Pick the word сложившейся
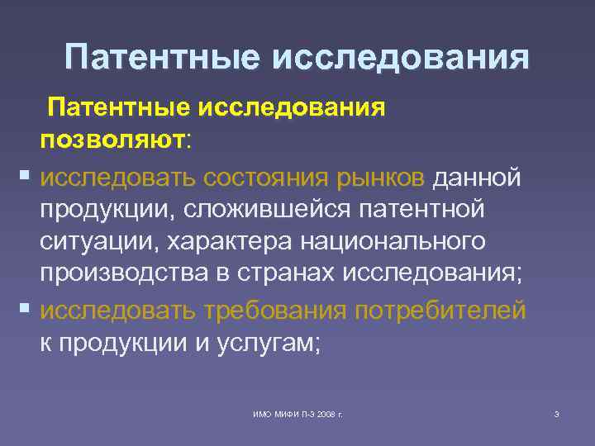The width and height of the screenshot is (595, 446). click(x=266, y=210)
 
